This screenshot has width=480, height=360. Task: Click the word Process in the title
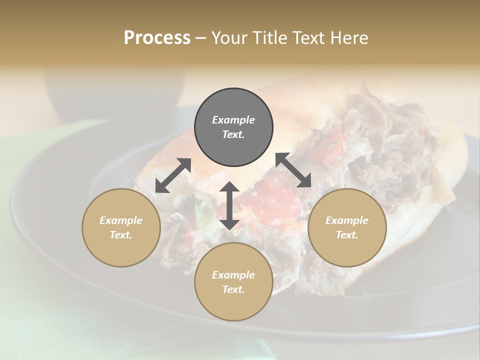point(157,38)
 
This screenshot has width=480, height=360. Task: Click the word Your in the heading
point(227,38)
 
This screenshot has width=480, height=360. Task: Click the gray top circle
point(233,127)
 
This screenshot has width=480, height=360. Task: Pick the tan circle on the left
point(121,227)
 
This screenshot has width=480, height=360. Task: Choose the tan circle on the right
point(347,227)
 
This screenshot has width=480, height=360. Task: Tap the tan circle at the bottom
point(233,281)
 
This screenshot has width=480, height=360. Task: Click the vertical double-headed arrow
point(229,206)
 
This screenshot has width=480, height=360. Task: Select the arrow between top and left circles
point(173,175)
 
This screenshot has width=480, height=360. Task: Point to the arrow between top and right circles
point(293,170)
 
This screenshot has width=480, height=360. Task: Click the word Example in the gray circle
point(233,120)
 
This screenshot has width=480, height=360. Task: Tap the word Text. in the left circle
point(121,235)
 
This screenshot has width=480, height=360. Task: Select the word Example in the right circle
point(347,220)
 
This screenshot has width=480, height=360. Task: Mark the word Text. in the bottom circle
point(233,289)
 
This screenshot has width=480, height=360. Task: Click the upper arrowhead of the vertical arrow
point(229,188)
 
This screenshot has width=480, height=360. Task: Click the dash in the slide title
point(200,38)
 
